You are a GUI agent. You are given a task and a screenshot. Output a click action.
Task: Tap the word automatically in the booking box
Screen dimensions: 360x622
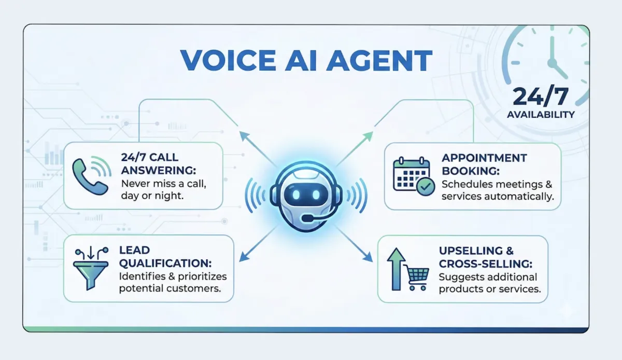pos(524,197)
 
